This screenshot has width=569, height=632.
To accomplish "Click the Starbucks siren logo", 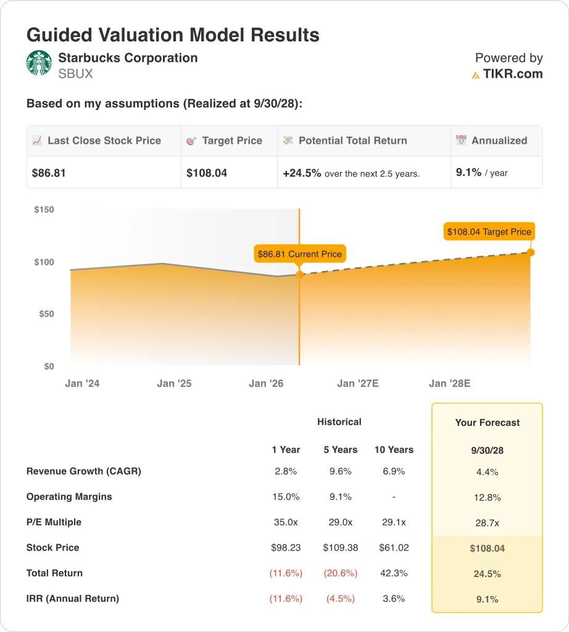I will pyautogui.click(x=39, y=63).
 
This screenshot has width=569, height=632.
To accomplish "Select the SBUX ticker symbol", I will pyautogui.click(x=75, y=74).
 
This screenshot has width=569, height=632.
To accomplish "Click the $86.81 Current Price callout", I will pyautogui.click(x=299, y=254).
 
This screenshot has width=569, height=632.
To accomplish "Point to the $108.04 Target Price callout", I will pyautogui.click(x=489, y=232).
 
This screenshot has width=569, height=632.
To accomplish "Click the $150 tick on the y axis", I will pyautogui.click(x=44, y=210).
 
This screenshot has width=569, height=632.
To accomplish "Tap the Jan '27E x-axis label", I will pyautogui.click(x=358, y=383).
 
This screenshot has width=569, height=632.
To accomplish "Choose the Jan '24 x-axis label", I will pyautogui.click(x=82, y=383).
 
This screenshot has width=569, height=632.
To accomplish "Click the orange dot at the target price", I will pyautogui.click(x=531, y=252).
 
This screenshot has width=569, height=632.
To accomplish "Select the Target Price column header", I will pyautogui.click(x=232, y=141).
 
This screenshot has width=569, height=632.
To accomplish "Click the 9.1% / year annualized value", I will pyautogui.click(x=481, y=173).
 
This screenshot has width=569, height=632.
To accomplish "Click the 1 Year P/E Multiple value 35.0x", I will pyautogui.click(x=286, y=522).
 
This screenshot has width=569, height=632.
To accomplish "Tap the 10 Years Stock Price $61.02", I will pyautogui.click(x=394, y=547).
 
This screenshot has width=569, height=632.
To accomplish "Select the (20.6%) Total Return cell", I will pyautogui.click(x=341, y=573).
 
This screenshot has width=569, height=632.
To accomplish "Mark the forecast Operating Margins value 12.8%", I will pyautogui.click(x=488, y=497).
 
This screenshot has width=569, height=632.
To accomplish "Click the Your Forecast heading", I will pyautogui.click(x=488, y=423).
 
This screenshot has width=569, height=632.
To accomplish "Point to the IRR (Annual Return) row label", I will pyautogui.click(x=73, y=598).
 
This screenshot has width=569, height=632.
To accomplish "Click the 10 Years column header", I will pyautogui.click(x=394, y=449).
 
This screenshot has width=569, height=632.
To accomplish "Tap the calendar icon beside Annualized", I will pyautogui.click(x=461, y=141).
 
